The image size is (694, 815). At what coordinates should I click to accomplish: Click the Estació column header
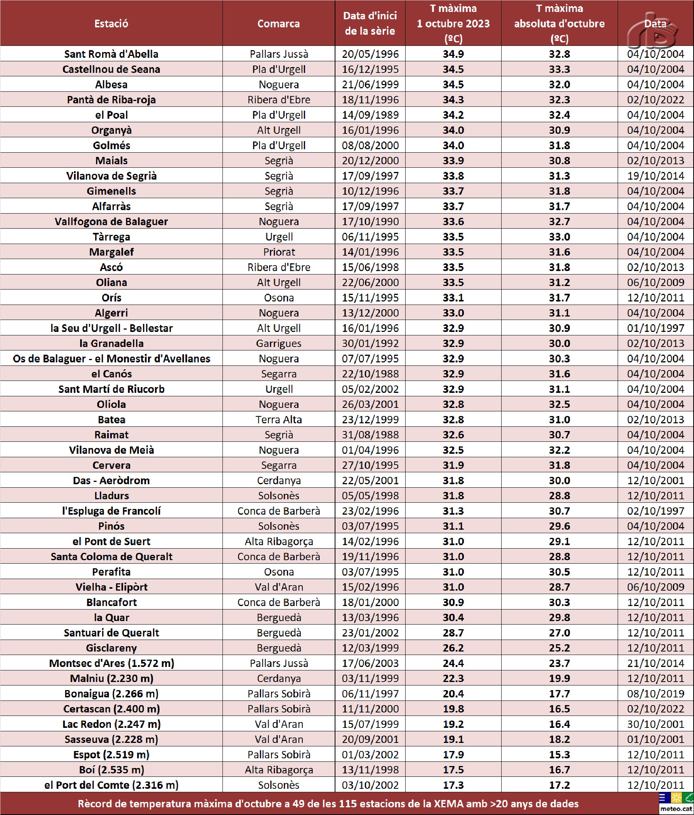tap(111, 24)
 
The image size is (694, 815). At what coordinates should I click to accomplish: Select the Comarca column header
tap(278, 24)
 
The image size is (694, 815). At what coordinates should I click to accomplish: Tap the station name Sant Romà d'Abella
tap(111, 54)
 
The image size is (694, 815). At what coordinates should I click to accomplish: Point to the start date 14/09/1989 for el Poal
tap(370, 115)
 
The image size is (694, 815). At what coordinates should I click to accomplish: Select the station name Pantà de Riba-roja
tap(111, 99)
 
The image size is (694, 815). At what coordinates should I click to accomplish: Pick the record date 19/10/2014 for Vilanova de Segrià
tap(655, 176)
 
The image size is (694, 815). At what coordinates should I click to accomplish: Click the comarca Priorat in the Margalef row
tap(278, 252)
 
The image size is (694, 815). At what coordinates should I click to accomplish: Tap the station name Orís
tap(111, 298)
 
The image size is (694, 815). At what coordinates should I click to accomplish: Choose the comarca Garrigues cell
tap(278, 344)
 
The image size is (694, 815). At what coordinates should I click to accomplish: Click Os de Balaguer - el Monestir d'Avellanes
tap(111, 359)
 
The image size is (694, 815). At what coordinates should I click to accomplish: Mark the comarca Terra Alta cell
tap(278, 419)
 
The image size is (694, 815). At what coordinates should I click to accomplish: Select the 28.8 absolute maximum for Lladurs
tap(559, 496)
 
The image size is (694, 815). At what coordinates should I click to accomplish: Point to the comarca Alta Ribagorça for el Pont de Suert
tap(278, 541)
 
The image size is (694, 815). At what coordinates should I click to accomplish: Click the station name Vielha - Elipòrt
tap(111, 587)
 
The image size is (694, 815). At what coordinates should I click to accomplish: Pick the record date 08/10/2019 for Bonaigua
tap(655, 694)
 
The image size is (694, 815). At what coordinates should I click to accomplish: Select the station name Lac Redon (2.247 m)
tap(111, 724)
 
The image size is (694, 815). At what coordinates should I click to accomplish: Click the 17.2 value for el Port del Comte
tap(559, 785)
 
